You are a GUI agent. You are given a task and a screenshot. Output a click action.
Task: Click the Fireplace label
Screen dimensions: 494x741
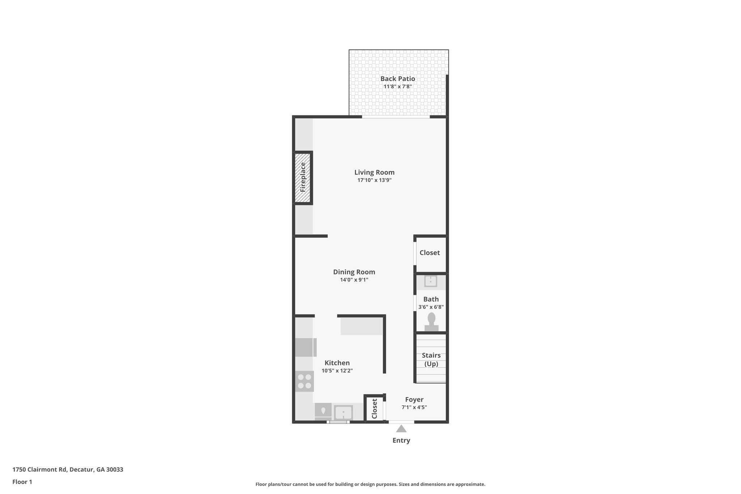(303, 177)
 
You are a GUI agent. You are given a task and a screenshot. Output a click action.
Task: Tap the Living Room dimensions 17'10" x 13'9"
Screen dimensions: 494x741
(374, 180)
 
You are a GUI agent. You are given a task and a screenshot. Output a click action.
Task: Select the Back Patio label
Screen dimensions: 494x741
(398, 79)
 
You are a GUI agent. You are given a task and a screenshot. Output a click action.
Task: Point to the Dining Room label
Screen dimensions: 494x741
(354, 272)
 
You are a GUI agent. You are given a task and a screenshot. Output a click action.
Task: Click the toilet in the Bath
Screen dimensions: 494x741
(431, 321)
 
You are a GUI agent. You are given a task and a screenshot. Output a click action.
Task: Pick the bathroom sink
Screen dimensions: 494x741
(431, 281)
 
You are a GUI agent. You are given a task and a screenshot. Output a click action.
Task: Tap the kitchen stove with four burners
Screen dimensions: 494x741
(304, 381)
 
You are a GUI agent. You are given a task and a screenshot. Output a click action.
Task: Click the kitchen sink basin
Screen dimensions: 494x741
(343, 412)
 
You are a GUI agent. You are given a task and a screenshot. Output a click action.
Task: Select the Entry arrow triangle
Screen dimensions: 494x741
(401, 429)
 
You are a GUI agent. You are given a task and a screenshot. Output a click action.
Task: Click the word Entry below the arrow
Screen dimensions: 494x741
(401, 440)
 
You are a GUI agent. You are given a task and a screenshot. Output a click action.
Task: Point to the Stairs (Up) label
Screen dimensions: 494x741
(431, 360)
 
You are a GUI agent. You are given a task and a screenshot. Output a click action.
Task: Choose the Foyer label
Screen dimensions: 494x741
(414, 400)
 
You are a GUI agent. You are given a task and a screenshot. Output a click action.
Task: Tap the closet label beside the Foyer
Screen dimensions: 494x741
(374, 409)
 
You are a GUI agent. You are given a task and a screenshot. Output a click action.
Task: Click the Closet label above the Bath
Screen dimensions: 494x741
(429, 253)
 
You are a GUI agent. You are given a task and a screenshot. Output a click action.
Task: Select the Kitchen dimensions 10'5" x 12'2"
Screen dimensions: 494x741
(337, 371)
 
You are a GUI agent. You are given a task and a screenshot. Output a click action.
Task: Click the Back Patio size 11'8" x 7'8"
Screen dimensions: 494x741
(398, 86)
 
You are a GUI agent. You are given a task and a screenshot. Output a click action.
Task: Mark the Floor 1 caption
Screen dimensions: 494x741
(22, 482)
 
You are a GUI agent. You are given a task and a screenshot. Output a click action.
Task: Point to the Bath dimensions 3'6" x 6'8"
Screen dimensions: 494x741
(431, 307)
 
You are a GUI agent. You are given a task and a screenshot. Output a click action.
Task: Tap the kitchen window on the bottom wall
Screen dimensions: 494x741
(338, 422)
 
